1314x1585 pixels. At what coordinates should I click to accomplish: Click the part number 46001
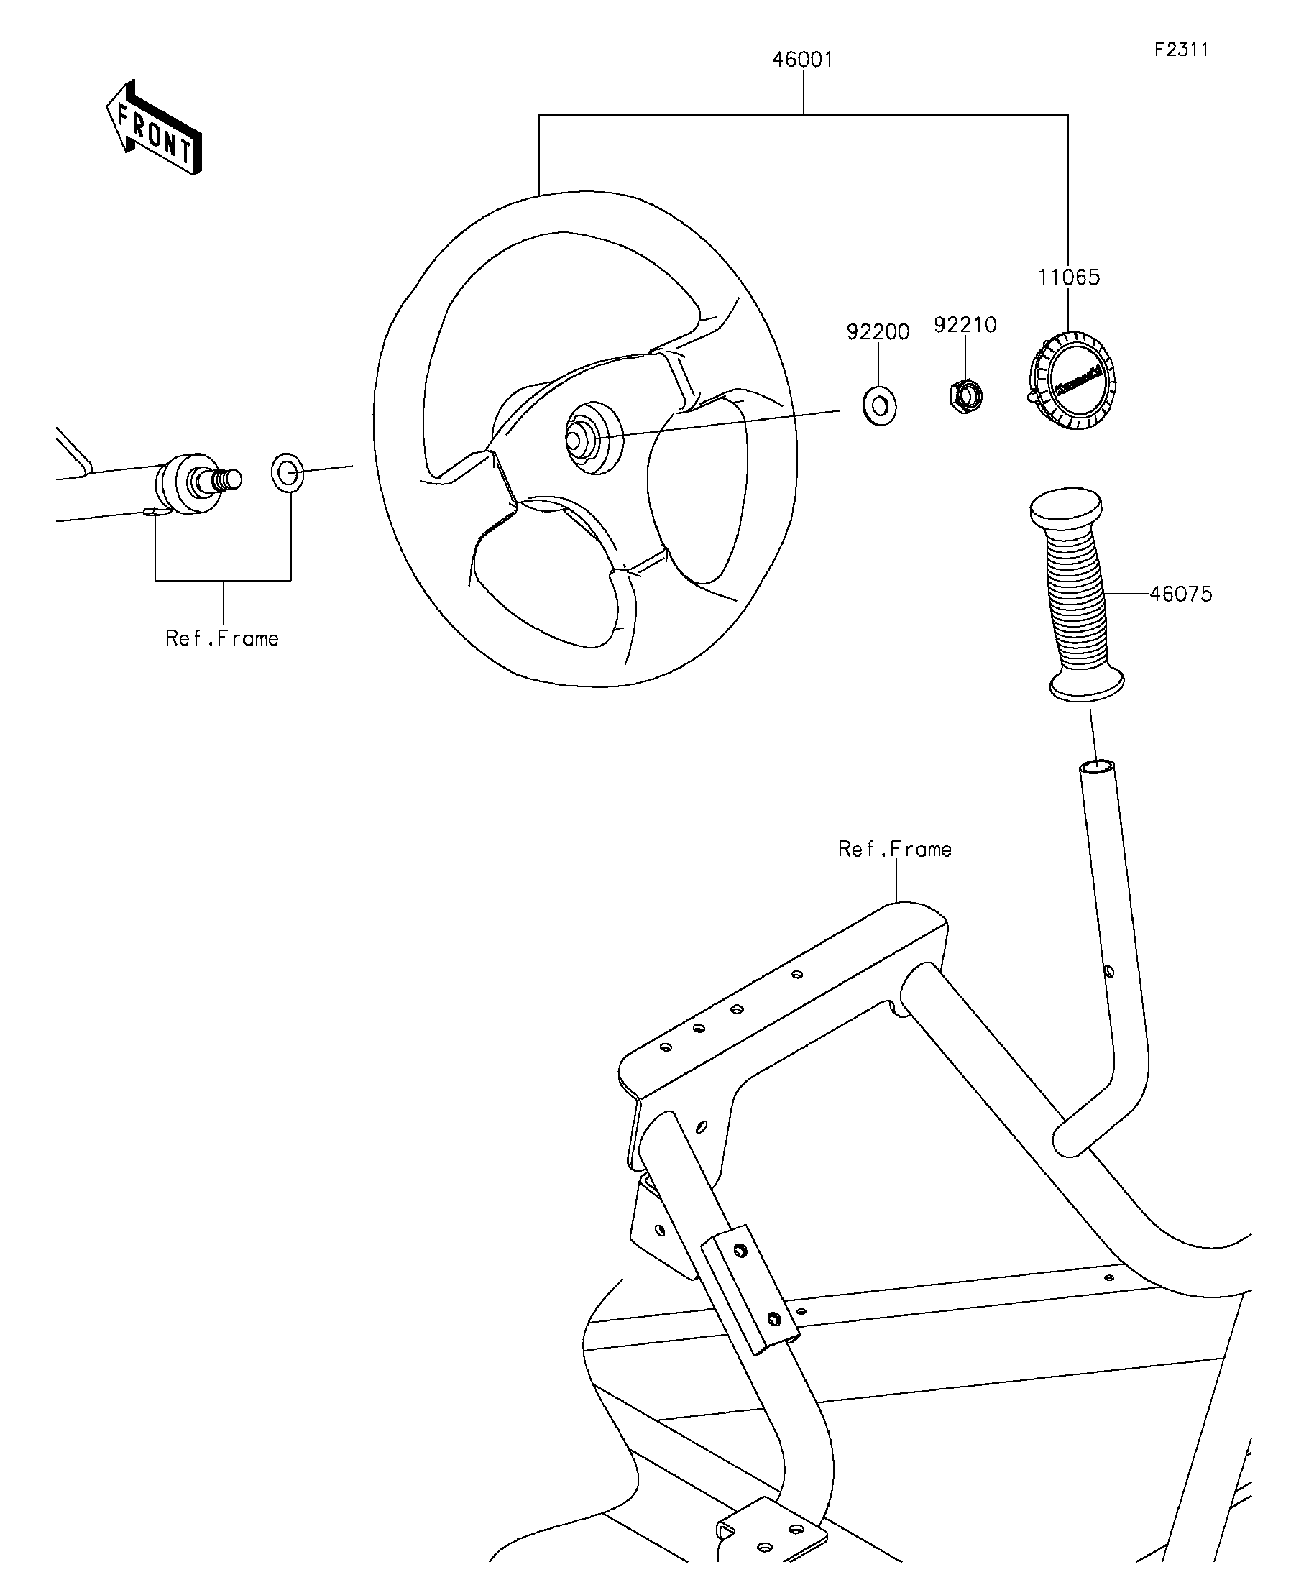coord(802,60)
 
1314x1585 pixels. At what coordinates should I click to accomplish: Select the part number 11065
coord(1069,277)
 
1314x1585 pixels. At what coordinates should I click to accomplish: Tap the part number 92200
coord(878,331)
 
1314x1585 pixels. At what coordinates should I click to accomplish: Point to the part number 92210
coord(965,325)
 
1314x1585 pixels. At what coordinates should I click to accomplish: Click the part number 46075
coord(1180,594)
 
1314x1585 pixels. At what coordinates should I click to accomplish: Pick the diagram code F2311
coord(1181,50)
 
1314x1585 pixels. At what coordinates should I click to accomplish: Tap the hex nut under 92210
coord(965,394)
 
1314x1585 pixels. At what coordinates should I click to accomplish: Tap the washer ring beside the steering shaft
coord(287,472)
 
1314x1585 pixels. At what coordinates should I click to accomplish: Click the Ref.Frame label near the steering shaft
coord(222,638)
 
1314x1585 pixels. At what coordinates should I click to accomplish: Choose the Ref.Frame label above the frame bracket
coord(894,849)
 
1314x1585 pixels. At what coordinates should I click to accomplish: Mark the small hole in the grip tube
coord(1108,970)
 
